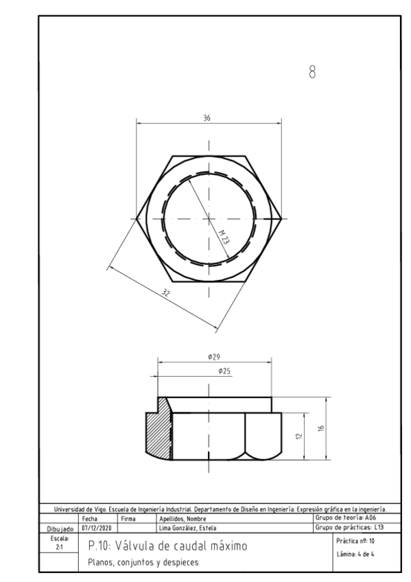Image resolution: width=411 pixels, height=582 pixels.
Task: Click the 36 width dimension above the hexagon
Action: (207, 118)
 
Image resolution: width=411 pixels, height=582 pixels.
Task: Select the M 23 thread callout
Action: (223, 237)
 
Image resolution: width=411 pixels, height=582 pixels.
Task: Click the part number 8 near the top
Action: (313, 71)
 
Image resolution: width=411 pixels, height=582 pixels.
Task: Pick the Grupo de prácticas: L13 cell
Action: (349, 527)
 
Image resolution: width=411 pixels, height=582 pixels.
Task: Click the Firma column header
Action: (128, 519)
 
